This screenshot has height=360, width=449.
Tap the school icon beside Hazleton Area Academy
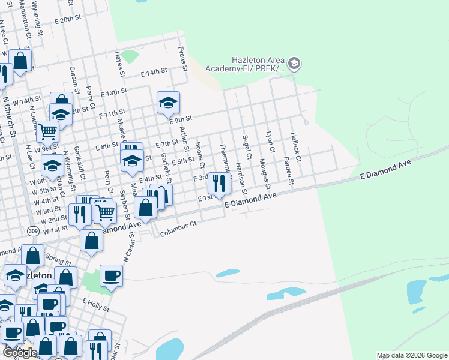(294, 63)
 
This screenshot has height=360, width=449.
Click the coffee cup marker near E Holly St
(111, 277)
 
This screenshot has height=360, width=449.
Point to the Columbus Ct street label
(178, 227)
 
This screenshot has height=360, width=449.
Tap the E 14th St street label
(153, 73)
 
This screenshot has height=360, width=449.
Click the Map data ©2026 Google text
(412, 355)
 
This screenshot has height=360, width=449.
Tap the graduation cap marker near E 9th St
(169, 103)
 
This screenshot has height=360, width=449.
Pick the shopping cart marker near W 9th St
(47, 131)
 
